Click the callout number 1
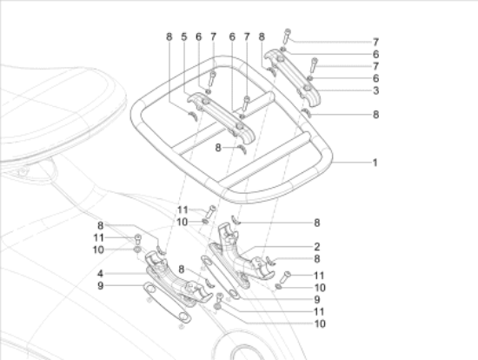(375, 163)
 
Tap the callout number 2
(317, 246)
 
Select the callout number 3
(375, 90)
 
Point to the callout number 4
(100, 273)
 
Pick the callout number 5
(184, 37)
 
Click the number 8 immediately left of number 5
(169, 37)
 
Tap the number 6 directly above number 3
(375, 78)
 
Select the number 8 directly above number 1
(375, 115)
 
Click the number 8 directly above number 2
(317, 223)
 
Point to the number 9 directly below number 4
(100, 285)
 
